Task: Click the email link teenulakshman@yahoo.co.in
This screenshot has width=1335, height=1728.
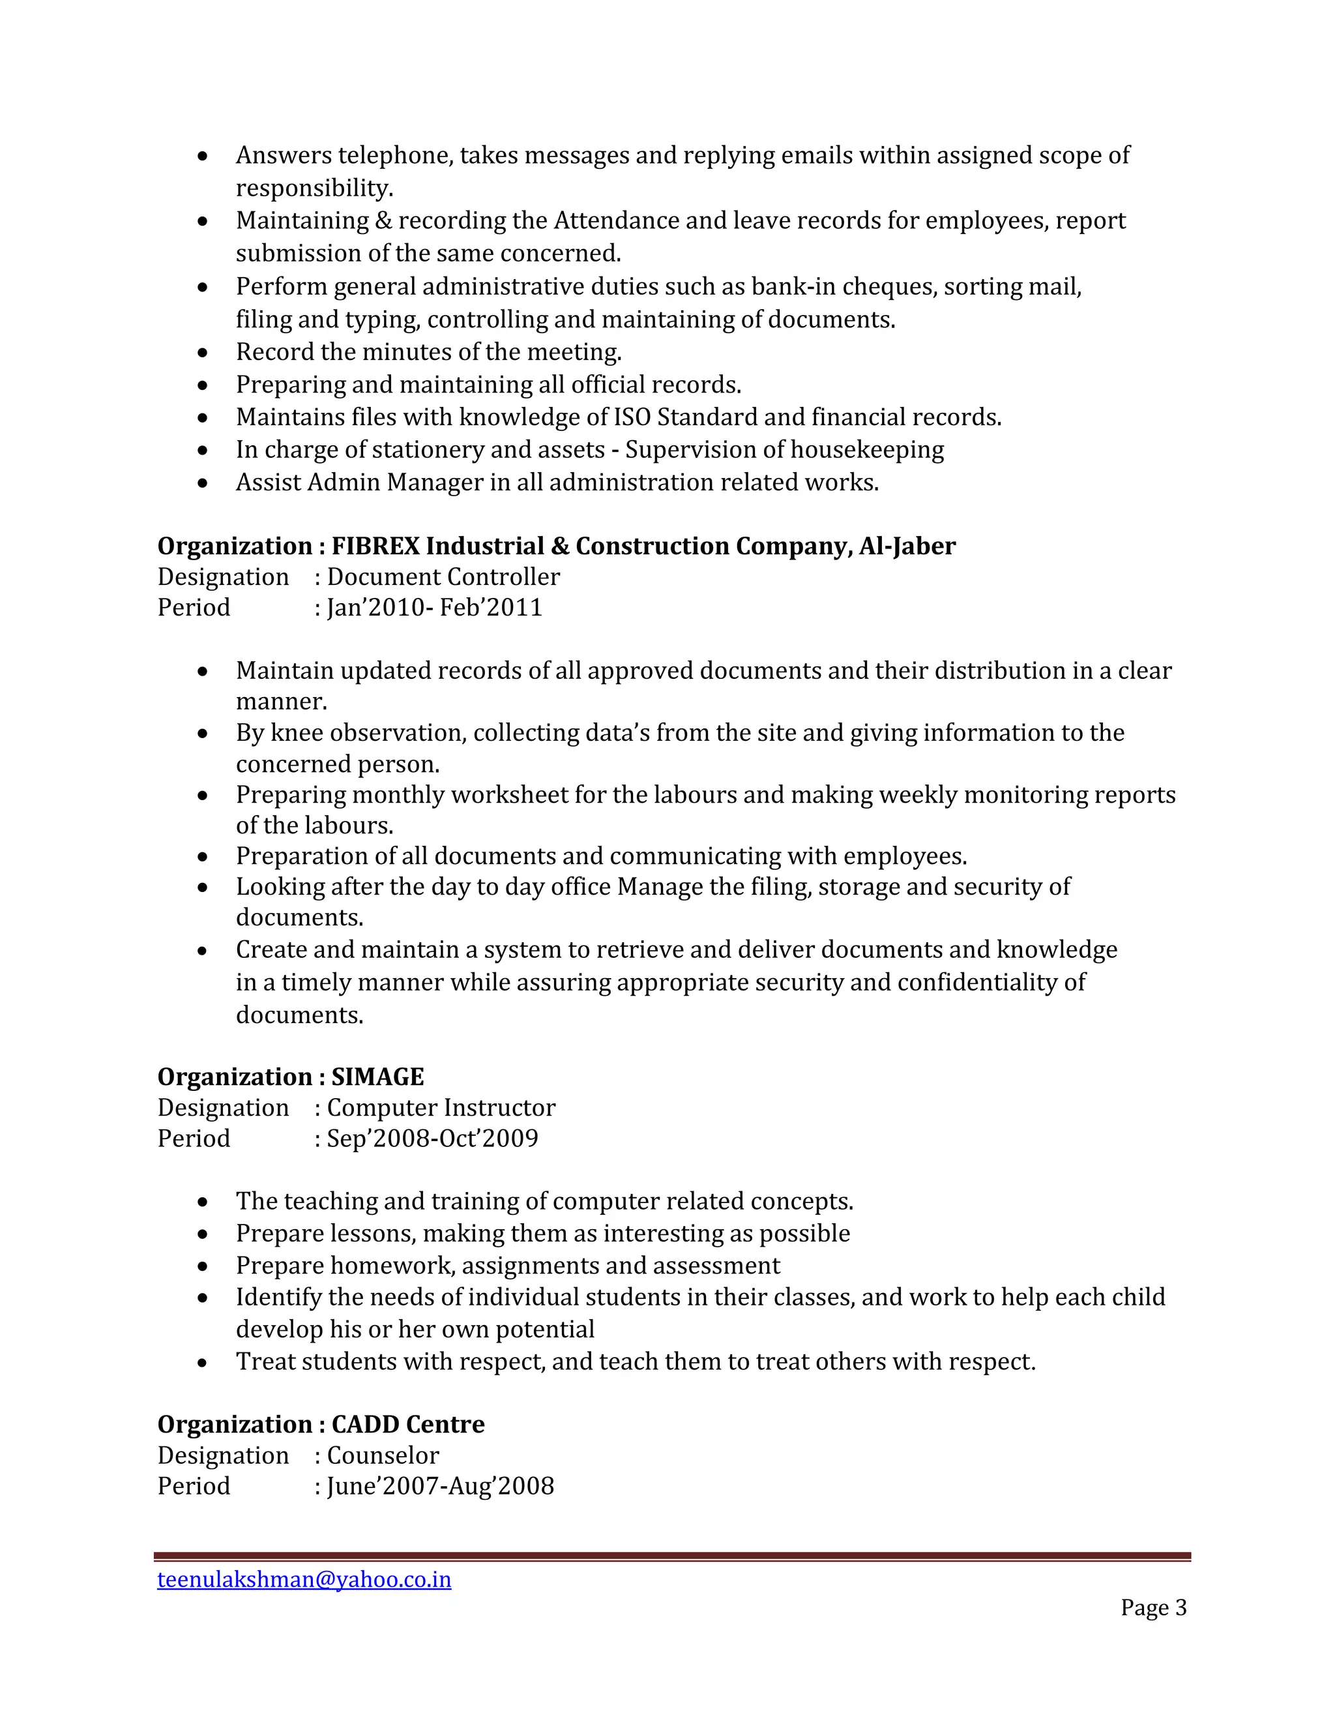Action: pyautogui.click(x=304, y=1579)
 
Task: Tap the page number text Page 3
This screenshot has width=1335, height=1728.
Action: pyautogui.click(x=1153, y=1607)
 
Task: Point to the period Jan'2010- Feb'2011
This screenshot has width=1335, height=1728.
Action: pyautogui.click(x=434, y=608)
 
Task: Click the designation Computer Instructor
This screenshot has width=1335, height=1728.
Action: pyautogui.click(x=441, y=1108)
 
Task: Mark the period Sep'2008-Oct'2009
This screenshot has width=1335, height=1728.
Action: pyautogui.click(x=432, y=1139)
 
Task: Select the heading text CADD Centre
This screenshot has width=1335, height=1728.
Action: pyautogui.click(x=407, y=1424)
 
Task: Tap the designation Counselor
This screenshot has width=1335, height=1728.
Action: pyautogui.click(x=383, y=1455)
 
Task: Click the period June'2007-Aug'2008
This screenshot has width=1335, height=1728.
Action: pyautogui.click(x=440, y=1486)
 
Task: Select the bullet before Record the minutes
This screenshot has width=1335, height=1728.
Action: pyautogui.click(x=203, y=353)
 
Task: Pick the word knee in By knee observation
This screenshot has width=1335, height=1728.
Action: pyautogui.click(x=297, y=733)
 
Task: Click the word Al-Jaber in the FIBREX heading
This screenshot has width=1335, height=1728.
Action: pyautogui.click(x=907, y=546)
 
